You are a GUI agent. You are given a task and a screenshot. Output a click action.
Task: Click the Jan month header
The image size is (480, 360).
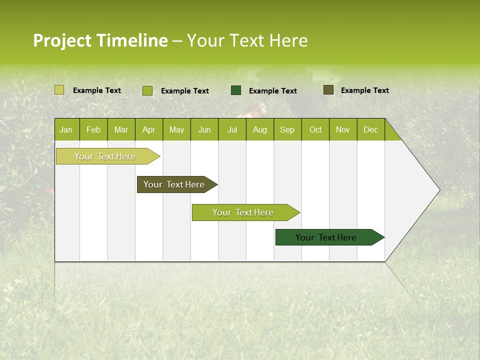[66, 129]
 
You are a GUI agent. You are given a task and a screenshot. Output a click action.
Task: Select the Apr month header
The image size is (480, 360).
[148, 129]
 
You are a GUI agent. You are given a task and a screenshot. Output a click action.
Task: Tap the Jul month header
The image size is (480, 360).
[232, 129]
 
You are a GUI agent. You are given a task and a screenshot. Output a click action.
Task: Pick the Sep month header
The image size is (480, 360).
[287, 129]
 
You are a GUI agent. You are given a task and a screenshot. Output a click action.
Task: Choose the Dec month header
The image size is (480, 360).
[370, 129]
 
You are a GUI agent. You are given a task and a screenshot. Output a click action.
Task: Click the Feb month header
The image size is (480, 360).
[93, 129]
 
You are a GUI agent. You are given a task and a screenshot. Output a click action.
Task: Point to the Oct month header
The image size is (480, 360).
[315, 129]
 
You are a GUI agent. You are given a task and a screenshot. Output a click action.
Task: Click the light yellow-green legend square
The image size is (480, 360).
[59, 90]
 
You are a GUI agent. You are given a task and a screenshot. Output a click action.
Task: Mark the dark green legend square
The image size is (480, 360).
[236, 90]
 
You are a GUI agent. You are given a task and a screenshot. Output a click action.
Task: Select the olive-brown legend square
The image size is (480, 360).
[328, 90]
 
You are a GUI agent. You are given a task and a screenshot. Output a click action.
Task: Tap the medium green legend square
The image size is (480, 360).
[147, 90]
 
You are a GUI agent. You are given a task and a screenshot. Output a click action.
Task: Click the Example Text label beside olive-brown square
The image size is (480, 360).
[364, 90]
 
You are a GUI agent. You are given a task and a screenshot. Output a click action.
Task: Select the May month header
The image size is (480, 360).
[176, 129]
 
